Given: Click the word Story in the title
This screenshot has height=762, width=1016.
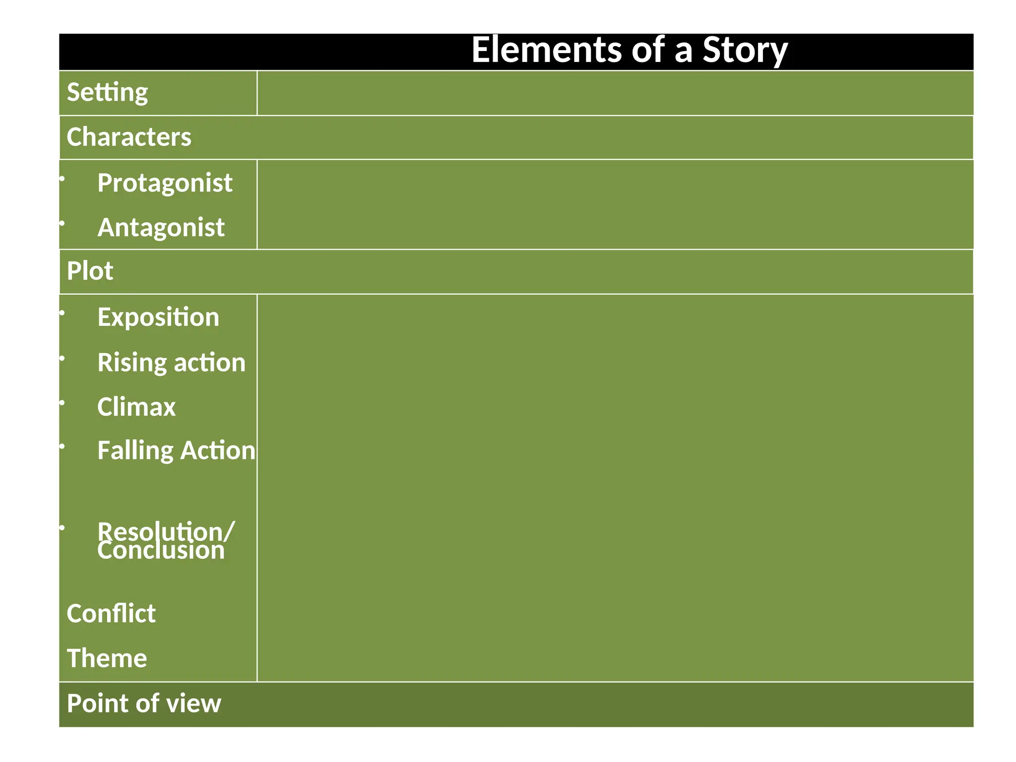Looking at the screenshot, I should point(744,51).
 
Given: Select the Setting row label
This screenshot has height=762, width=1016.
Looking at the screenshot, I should point(107,93).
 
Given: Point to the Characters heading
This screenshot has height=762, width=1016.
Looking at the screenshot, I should point(128,137).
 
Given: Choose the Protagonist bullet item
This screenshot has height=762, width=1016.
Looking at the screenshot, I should point(165,183).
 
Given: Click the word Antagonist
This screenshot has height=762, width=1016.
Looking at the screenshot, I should point(161,228).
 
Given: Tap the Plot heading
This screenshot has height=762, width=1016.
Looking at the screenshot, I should point(90,271).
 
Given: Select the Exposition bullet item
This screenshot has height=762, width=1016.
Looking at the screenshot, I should point(158,317).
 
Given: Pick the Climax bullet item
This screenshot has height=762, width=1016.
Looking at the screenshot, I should point(136,407).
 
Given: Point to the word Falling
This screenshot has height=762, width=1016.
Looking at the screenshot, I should point(135,451).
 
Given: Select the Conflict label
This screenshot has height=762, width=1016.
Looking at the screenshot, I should point(111,614).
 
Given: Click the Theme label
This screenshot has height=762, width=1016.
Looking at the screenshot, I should point(107,658).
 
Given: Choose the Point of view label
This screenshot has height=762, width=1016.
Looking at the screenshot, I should point(144,703).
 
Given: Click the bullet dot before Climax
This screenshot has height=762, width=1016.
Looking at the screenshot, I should point(62,403).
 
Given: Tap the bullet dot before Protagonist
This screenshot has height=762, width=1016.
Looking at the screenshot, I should point(62,179).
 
